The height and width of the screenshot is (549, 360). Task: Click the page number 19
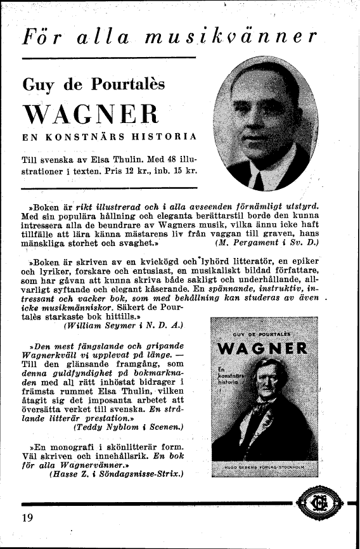[x=27, y=518]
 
